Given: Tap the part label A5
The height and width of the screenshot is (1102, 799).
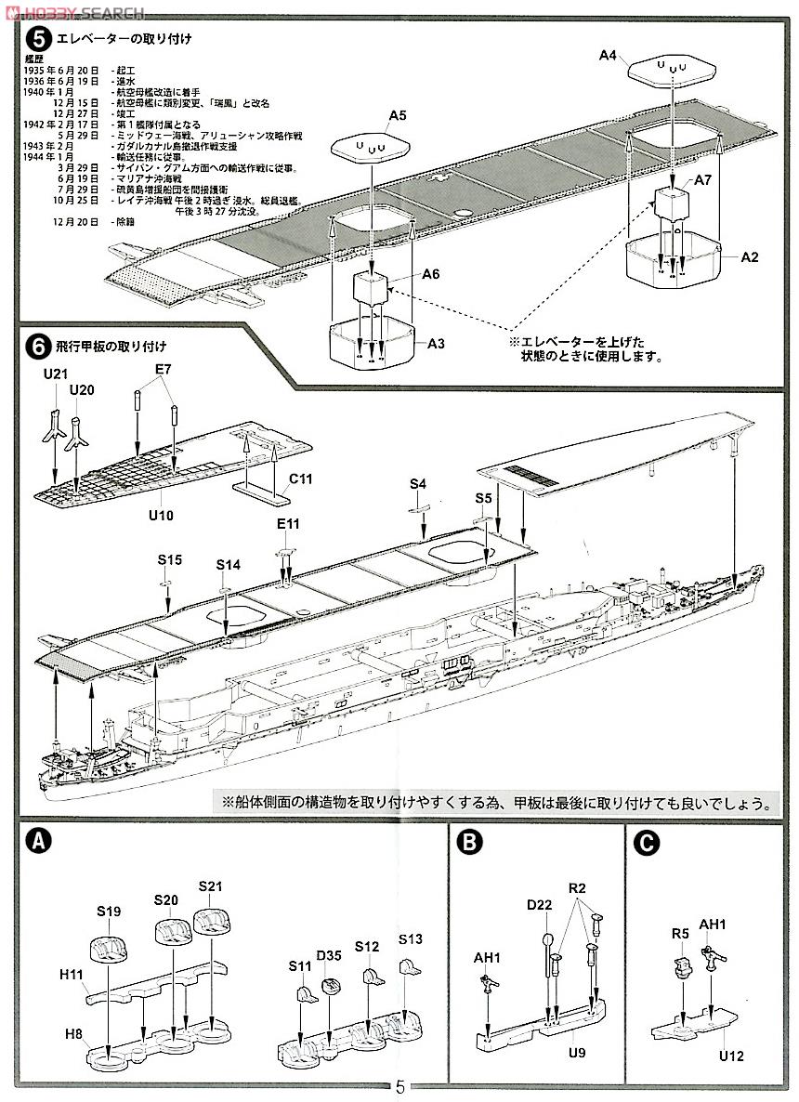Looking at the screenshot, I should [398, 115].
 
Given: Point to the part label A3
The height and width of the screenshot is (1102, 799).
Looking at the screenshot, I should [436, 344].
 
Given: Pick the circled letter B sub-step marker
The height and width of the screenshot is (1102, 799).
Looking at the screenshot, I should [471, 842].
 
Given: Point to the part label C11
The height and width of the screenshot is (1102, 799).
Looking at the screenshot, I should [300, 479].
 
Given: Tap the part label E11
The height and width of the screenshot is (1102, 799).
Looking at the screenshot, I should [288, 524].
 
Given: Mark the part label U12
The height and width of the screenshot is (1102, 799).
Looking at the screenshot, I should [730, 1056].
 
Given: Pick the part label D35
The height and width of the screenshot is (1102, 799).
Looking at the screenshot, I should [328, 953].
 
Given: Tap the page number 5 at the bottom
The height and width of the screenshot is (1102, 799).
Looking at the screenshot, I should [399, 1087].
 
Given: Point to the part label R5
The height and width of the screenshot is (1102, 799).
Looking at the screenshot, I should [680, 934].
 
